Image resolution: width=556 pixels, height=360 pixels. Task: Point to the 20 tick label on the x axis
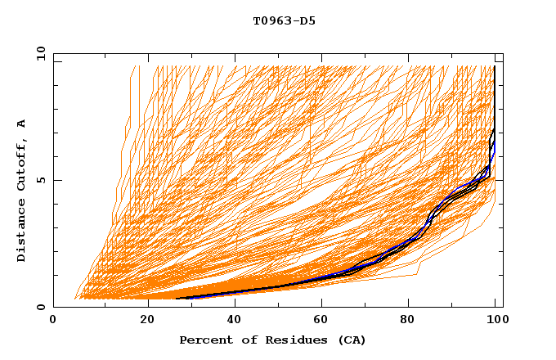click(148, 320)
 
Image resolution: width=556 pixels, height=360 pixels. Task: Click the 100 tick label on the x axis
click(495, 320)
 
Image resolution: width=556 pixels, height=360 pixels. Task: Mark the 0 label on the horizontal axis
click(54, 320)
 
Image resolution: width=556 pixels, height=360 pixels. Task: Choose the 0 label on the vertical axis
click(41, 308)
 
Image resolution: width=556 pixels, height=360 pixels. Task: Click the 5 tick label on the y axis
click(41, 180)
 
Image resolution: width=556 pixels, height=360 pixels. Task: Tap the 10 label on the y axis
click(38, 53)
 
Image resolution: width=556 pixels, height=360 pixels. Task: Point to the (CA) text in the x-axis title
click(350, 340)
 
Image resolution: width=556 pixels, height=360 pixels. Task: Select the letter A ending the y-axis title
click(21, 124)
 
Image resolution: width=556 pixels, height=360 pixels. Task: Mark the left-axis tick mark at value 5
click(56, 180)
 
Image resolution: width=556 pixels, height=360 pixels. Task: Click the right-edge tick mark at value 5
click(500, 180)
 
